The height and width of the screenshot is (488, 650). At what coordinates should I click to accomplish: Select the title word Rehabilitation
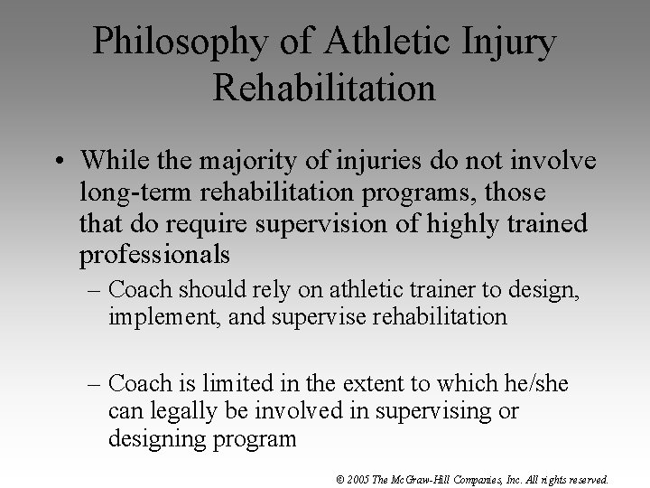coord(325,88)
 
